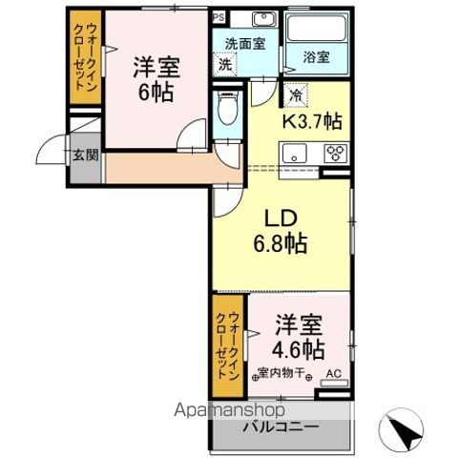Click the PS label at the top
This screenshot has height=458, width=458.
pyautogui.click(x=219, y=17)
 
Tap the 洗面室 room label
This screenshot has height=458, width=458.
pyautogui.click(x=243, y=43)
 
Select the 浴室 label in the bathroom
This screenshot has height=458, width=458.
pyautogui.click(x=317, y=56)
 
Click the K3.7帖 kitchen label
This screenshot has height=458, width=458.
pyautogui.click(x=311, y=121)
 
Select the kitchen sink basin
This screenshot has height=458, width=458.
pyautogui.click(x=292, y=152)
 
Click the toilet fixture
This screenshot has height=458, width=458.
pyautogui.click(x=225, y=113)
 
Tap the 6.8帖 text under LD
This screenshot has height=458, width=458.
pyautogui.click(x=279, y=243)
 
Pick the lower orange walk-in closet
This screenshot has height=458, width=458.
pyautogui.click(x=227, y=348)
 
